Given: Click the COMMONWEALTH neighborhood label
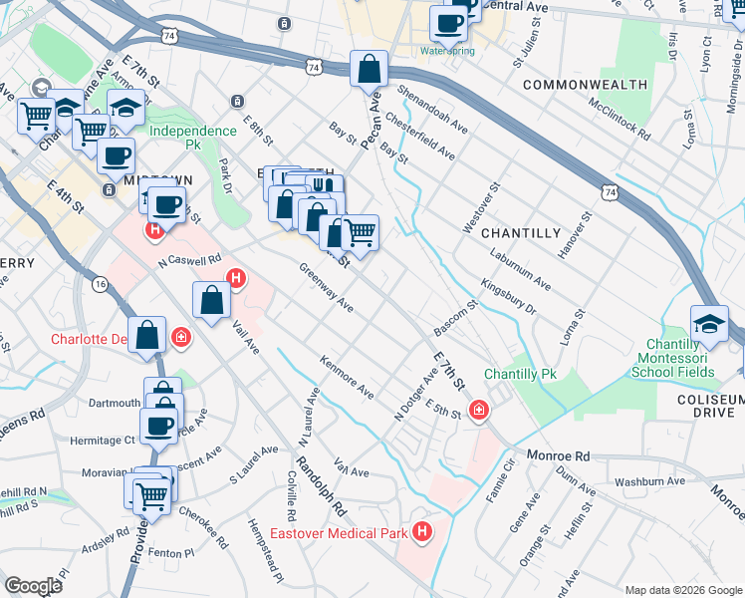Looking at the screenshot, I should coord(585,85).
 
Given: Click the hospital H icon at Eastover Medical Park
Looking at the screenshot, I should coord(422,533).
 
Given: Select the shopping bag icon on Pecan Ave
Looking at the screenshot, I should coord(369,70).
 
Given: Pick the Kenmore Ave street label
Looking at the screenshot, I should coord(347,379).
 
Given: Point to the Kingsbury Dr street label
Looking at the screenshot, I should coord(509,297).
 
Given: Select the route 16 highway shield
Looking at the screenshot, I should coord(100,284).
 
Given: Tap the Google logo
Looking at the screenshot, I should coord(34,585).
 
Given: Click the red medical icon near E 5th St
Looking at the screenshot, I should coord(478,410).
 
